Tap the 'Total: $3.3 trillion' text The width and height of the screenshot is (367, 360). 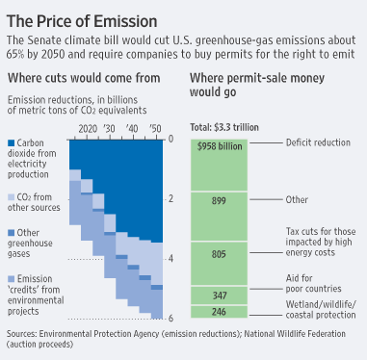227,127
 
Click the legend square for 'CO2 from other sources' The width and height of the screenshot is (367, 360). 12,196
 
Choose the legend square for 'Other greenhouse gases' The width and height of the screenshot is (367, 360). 12,231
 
